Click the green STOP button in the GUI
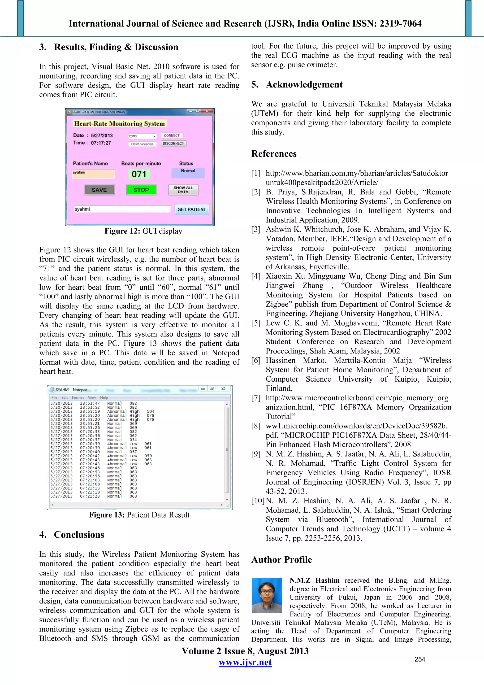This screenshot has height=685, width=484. click(x=141, y=190)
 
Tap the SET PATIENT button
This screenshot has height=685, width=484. click(x=192, y=209)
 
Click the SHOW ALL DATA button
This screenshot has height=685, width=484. click(x=183, y=190)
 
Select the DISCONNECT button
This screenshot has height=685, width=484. click(x=173, y=144)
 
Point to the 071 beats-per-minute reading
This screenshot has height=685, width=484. click(x=139, y=174)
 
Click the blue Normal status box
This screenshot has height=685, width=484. click(x=188, y=173)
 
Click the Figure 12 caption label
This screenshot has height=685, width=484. click(x=143, y=231)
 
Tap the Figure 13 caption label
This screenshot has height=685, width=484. click(x=139, y=515)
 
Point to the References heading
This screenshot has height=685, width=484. click(x=274, y=154)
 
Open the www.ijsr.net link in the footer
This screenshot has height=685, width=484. click(x=245, y=663)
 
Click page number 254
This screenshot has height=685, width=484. click(x=419, y=659)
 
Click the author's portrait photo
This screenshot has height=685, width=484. click(x=267, y=595)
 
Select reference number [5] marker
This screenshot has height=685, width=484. click(x=256, y=323)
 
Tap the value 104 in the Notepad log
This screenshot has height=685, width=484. click(x=150, y=411)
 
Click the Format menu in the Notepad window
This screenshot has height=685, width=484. click(x=78, y=397)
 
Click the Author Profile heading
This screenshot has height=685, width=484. click(x=281, y=560)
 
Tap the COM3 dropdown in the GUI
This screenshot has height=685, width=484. click(x=143, y=136)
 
